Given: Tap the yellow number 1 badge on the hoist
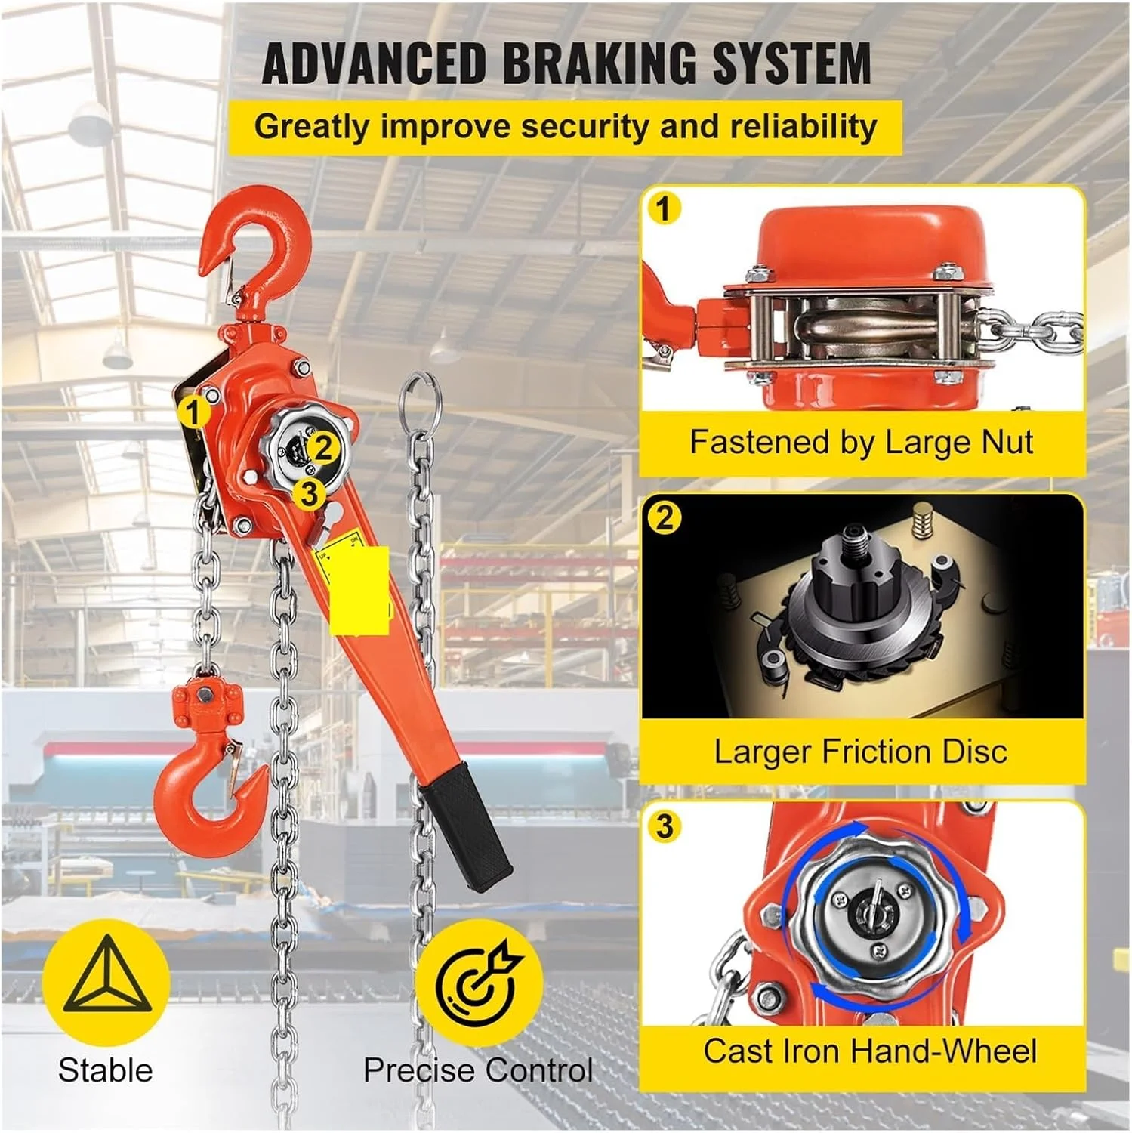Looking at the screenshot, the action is (194, 413).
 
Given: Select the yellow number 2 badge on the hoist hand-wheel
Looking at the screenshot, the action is (323, 448).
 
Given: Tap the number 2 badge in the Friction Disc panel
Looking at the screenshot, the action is (665, 518).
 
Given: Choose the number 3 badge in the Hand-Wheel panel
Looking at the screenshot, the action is (665, 826).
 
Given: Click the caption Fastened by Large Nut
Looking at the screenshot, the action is (861, 443).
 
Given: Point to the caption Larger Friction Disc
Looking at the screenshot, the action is (861, 752).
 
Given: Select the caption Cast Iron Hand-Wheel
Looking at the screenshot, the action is (870, 1051).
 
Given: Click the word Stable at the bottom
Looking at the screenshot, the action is (105, 1070).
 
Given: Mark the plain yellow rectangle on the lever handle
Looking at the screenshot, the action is (360, 589).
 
